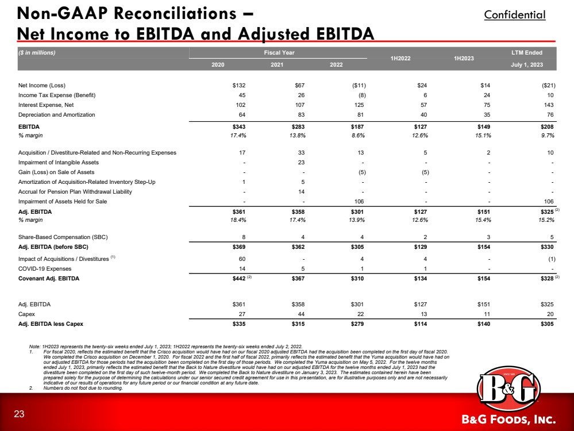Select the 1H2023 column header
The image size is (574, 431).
pos(464,59)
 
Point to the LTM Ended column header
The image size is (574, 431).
pos(526,53)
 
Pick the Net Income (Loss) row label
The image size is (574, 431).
pos(45,85)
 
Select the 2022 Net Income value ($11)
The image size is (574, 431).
pos(356,85)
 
